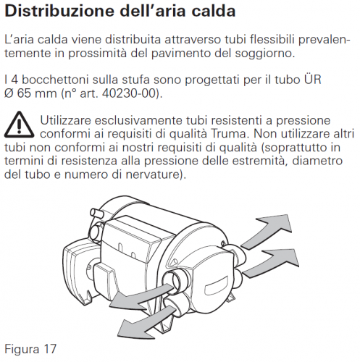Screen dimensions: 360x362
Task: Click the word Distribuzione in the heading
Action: pos(59,11)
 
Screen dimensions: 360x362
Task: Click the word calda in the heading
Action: pos(214,11)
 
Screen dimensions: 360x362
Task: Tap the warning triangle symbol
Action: pos(19,125)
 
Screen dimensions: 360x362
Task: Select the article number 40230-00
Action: pos(128,93)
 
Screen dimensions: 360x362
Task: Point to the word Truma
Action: pos(230,134)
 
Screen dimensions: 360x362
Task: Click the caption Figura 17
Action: pos(30,349)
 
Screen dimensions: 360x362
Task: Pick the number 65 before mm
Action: pos(24,93)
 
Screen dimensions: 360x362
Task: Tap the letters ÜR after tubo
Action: pos(313,79)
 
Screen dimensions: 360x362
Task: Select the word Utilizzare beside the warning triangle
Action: pos(64,120)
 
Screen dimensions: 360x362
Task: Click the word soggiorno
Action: pos(265,54)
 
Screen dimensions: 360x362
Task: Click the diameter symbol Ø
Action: pos(9,93)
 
